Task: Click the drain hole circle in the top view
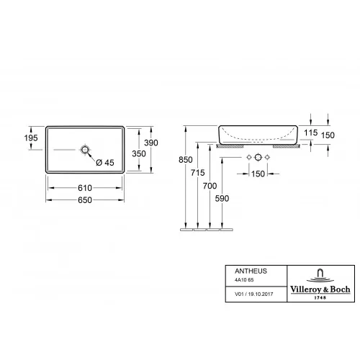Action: point(86,150)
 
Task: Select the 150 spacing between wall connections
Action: point(258,174)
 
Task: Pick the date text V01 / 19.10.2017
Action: point(246,294)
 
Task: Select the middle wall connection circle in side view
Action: point(258,156)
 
